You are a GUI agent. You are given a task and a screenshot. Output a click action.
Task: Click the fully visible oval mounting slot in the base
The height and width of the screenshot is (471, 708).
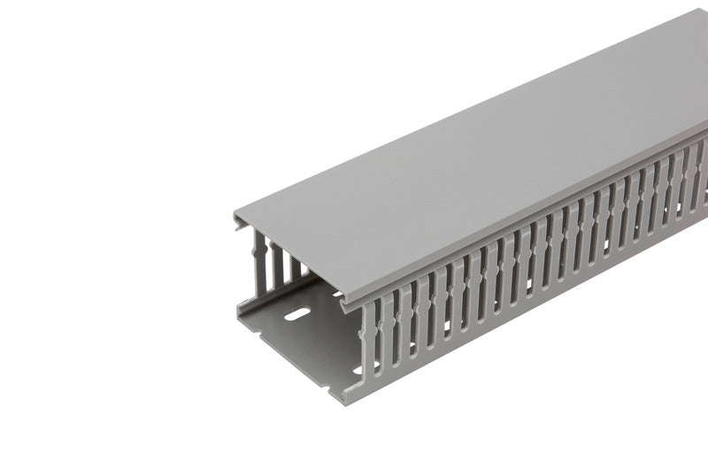(297, 313)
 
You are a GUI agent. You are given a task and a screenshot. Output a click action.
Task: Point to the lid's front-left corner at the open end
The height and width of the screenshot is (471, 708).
(236, 215)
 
